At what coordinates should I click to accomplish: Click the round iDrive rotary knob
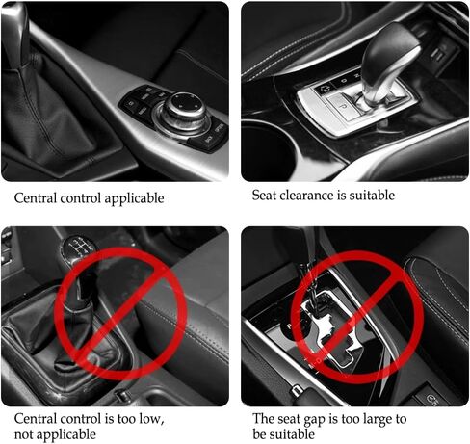click(x=186, y=108)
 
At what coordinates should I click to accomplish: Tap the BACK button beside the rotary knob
click(x=208, y=140)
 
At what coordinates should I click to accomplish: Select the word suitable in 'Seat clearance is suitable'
click(x=372, y=196)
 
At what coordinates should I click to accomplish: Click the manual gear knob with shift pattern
click(x=79, y=248)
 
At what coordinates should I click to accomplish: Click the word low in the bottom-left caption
click(x=149, y=419)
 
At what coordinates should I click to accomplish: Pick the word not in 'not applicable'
click(x=23, y=435)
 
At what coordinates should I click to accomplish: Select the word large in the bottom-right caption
click(x=378, y=420)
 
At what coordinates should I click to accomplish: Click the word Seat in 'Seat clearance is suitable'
click(x=264, y=196)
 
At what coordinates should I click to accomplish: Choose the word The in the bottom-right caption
click(x=263, y=419)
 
